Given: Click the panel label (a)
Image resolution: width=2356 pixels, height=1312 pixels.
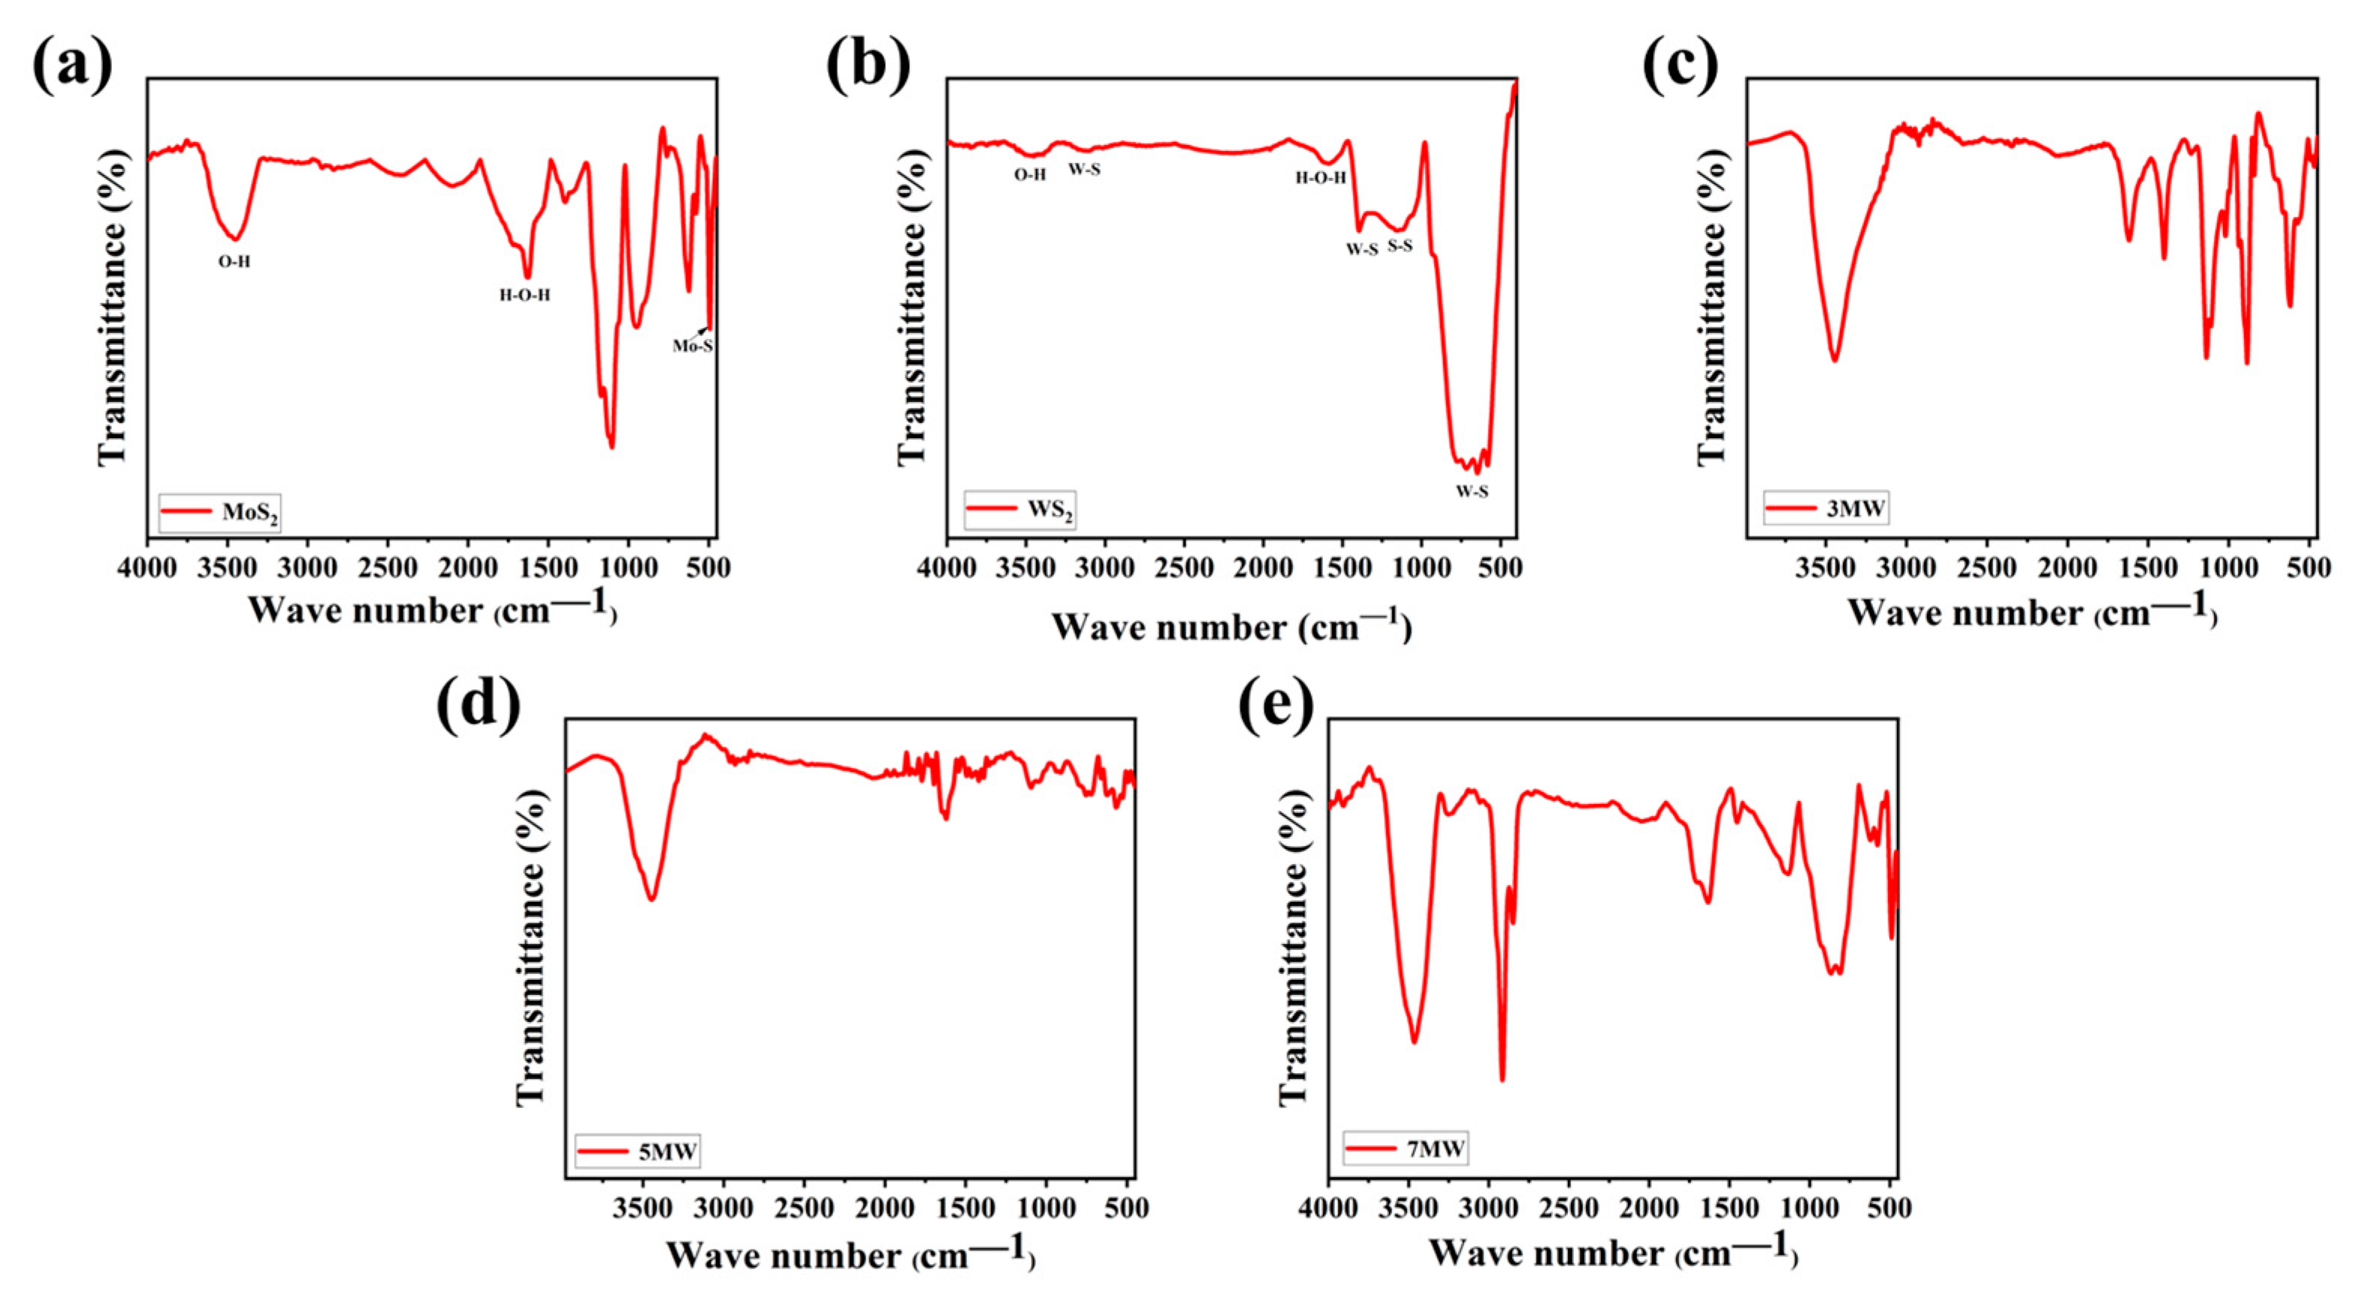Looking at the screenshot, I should click(x=72, y=66).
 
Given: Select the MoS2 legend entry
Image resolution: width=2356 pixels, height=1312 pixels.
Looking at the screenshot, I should click(x=219, y=512).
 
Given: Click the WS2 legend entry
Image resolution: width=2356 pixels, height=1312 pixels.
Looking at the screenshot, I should click(x=1019, y=509).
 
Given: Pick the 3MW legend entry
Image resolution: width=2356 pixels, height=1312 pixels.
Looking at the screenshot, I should click(x=1826, y=508).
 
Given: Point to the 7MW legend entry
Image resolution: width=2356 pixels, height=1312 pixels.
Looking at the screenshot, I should click(x=1405, y=1148).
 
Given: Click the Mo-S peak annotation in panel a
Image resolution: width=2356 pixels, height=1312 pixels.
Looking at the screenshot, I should click(x=693, y=346).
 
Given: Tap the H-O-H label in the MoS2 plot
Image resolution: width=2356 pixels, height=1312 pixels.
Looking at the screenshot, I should click(x=525, y=295).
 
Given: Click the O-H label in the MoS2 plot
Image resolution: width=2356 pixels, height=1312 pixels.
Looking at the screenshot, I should click(x=234, y=261).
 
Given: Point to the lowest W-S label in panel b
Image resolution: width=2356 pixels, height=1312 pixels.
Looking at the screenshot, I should click(x=1472, y=491).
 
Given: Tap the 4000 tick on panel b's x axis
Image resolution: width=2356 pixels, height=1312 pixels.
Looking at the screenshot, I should click(x=947, y=567).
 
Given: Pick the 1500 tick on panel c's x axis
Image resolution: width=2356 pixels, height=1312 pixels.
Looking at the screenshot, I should click(x=2149, y=567).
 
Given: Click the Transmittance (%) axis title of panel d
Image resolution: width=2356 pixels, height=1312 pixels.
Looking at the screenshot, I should click(x=531, y=947).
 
